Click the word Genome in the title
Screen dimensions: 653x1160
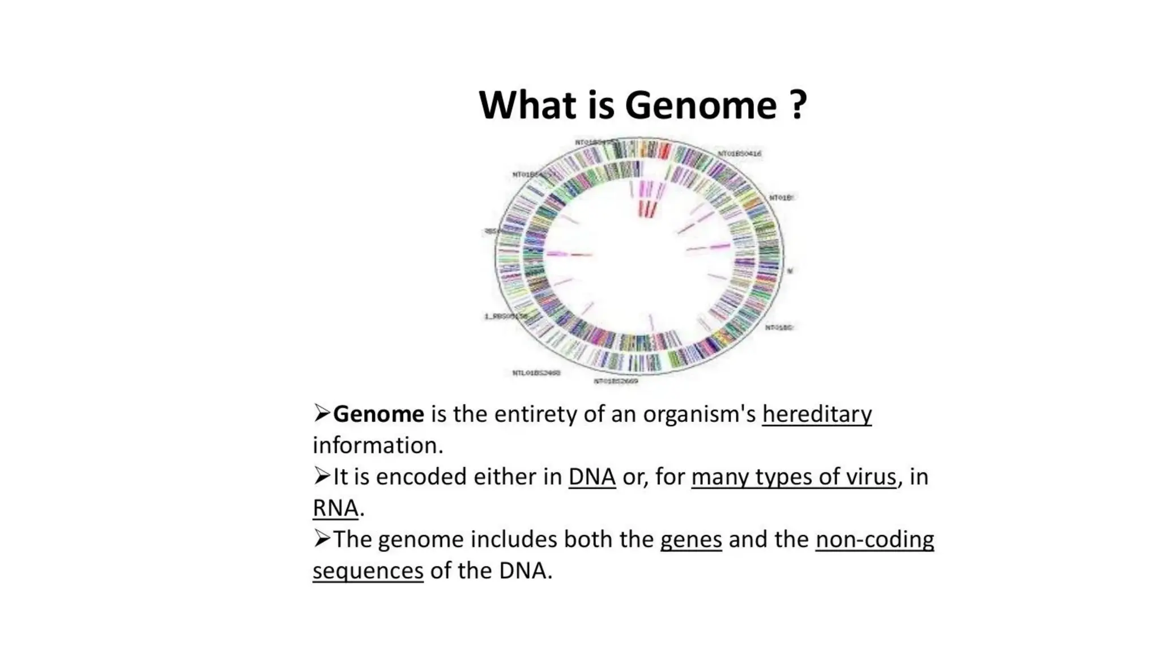(700, 105)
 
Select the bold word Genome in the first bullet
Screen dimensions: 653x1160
(378, 414)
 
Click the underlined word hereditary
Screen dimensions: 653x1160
(817, 414)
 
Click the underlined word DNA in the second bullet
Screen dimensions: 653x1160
(592, 477)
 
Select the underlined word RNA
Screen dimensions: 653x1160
(335, 508)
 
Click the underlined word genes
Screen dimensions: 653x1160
(691, 540)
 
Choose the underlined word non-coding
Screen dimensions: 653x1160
(875, 540)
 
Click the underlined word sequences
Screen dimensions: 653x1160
(368, 571)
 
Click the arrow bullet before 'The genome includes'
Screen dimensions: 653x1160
(321, 538)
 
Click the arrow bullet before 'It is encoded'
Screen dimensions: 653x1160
(321, 476)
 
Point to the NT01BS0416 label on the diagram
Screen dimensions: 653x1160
(739, 154)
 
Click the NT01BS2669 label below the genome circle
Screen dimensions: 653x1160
(616, 381)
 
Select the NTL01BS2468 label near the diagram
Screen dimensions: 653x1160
(536, 373)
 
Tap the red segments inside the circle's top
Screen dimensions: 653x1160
(647, 209)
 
